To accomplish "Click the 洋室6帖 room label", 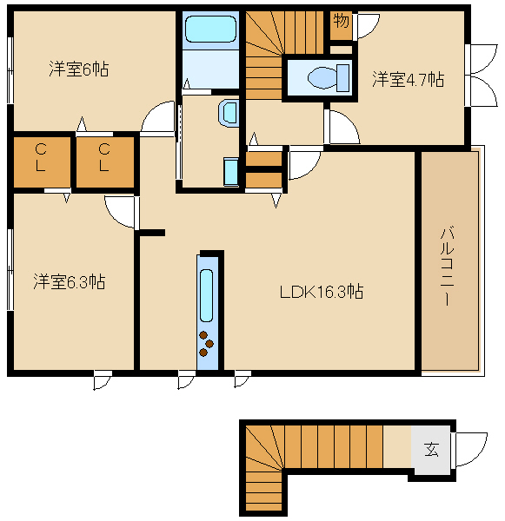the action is [x=79, y=69].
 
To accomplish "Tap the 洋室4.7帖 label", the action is [x=408, y=79].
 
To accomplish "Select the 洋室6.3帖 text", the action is [x=70, y=281].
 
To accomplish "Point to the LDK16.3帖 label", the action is [x=322, y=292].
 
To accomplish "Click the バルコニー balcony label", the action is [x=447, y=265].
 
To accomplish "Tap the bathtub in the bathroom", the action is [x=210, y=29].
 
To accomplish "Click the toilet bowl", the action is [x=328, y=78].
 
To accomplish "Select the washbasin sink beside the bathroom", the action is [x=229, y=113].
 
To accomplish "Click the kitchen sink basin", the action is [x=206, y=295].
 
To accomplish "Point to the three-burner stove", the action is [x=206, y=344].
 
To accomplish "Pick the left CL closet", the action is [x=42, y=162].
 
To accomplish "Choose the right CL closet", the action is [x=105, y=162].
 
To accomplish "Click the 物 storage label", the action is [x=341, y=21].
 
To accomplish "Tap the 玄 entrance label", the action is [x=431, y=450].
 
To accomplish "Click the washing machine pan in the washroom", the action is [x=231, y=172].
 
